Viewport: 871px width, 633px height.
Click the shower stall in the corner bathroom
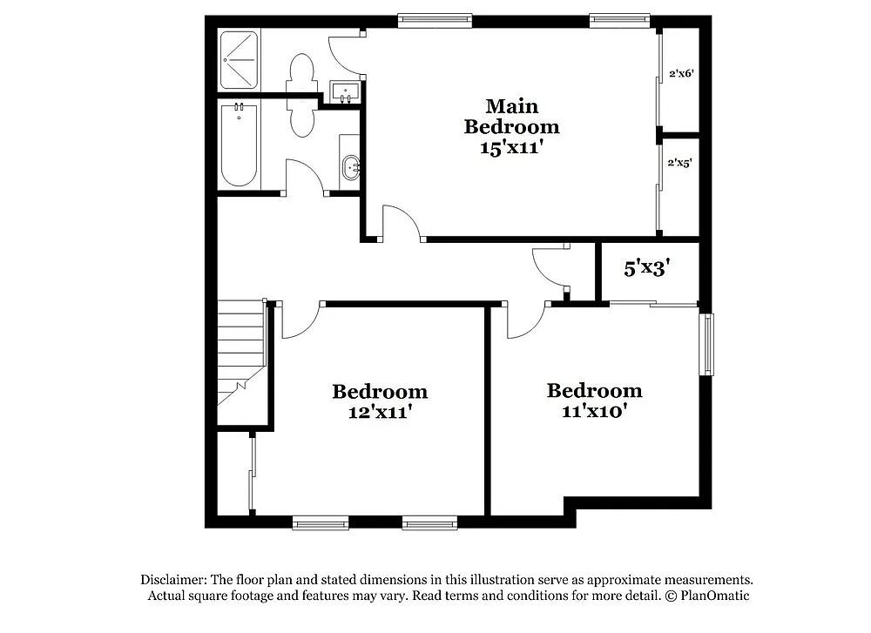pyautogui.click(x=239, y=60)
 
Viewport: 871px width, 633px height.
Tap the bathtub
pyautogui.click(x=239, y=145)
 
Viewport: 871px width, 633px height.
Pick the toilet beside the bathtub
pyautogui.click(x=300, y=121)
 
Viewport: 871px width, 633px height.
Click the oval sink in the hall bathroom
pyautogui.click(x=350, y=167)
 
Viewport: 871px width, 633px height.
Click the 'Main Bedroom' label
pyautogui.click(x=511, y=117)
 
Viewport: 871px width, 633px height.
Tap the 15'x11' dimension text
pyautogui.click(x=511, y=148)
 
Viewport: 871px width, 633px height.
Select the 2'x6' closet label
pyautogui.click(x=680, y=74)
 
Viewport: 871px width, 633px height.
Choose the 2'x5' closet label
pyautogui.click(x=680, y=163)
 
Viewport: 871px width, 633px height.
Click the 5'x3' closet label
pyautogui.click(x=645, y=268)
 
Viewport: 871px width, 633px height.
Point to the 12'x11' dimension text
pyautogui.click(x=380, y=412)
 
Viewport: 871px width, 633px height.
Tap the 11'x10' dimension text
pyautogui.click(x=595, y=410)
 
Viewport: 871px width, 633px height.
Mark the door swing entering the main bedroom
pyautogui.click(x=402, y=222)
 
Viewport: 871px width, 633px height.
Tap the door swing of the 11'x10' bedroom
pyautogui.click(x=525, y=320)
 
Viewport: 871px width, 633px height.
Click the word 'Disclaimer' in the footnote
pyautogui.click(x=172, y=580)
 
